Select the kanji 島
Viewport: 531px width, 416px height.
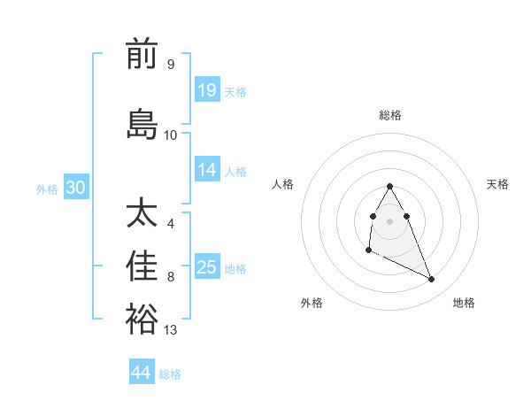pyautogui.click(x=142, y=123)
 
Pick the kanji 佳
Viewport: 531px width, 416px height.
pyautogui.click(x=142, y=266)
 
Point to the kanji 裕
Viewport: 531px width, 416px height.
pyautogui.click(x=142, y=319)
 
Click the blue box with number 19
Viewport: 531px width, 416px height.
pyautogui.click(x=207, y=90)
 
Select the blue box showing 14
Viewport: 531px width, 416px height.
pyautogui.click(x=207, y=170)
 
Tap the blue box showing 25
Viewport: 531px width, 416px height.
pyautogui.click(x=207, y=267)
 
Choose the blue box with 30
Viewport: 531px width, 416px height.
pyautogui.click(x=75, y=188)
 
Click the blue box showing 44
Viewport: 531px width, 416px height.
pyautogui.click(x=142, y=373)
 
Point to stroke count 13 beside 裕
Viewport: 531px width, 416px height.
pyautogui.click(x=171, y=330)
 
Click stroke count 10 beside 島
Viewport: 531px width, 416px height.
pyautogui.click(x=171, y=135)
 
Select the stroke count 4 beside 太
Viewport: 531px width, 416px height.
pyautogui.click(x=171, y=223)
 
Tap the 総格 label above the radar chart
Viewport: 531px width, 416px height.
pyautogui.click(x=389, y=115)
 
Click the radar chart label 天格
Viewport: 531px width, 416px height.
pyautogui.click(x=497, y=184)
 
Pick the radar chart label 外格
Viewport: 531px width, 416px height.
pyautogui.click(x=312, y=303)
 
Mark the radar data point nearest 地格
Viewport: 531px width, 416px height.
pyautogui.click(x=432, y=280)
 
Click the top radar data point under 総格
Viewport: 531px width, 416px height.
pyautogui.click(x=389, y=186)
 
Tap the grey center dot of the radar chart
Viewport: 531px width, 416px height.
pyautogui.click(x=389, y=220)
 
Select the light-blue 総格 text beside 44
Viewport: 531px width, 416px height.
pyautogui.click(x=170, y=374)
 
